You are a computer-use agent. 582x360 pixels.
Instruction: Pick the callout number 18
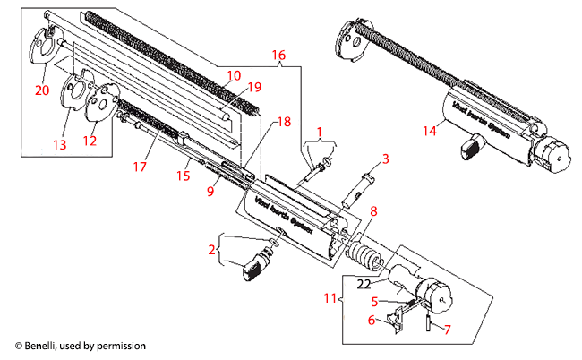click(x=283, y=121)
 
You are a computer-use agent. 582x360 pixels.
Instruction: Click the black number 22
click(x=363, y=283)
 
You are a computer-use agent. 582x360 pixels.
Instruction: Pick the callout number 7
click(x=447, y=330)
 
